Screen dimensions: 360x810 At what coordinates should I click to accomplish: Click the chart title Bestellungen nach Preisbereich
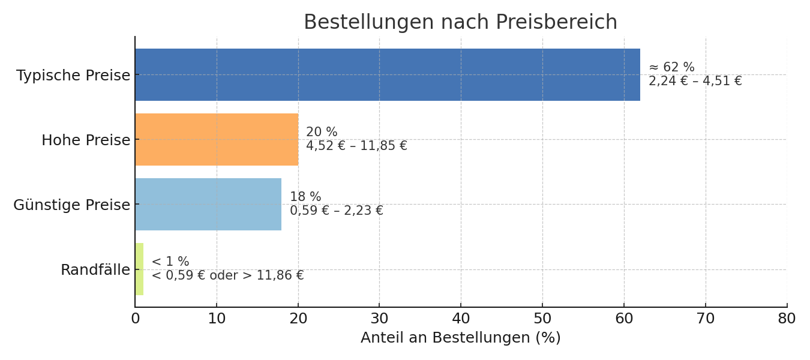tap(460, 22)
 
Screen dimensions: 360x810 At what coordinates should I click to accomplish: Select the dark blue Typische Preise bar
tap(387, 75)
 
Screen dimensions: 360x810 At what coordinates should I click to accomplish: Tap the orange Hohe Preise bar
tap(217, 140)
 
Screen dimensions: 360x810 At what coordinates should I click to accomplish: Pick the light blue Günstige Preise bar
tap(208, 205)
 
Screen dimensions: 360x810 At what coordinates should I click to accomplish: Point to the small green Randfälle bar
tap(139, 269)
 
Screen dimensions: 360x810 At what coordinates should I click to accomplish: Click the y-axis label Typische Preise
tap(73, 76)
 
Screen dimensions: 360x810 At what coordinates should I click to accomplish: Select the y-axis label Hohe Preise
tap(86, 140)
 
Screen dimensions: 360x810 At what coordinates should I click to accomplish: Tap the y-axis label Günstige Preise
tap(71, 205)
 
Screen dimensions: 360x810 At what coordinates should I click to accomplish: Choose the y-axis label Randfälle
tap(95, 270)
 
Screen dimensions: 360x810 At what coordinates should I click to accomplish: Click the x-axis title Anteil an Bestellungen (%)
tap(460, 338)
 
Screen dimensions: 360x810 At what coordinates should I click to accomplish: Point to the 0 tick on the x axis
tap(136, 319)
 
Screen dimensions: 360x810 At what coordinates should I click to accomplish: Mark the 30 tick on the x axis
tap(379, 319)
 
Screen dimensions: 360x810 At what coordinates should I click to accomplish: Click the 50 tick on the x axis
tap(542, 319)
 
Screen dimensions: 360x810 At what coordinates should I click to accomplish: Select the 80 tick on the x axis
tap(787, 319)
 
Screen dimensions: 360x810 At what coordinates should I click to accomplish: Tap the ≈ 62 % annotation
tap(671, 68)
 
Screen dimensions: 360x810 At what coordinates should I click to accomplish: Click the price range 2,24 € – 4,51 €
tap(695, 82)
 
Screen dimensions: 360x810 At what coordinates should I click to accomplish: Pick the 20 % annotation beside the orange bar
tap(322, 133)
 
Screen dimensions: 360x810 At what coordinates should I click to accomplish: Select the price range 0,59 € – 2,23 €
tap(336, 211)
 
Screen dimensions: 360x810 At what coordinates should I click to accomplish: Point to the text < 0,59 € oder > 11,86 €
tap(227, 276)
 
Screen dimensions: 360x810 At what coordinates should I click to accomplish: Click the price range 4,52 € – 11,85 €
tap(356, 146)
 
